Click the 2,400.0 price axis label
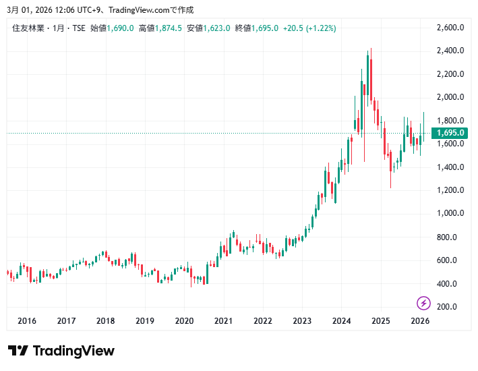click(450, 51)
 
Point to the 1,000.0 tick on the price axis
click(450, 213)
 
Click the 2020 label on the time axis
click(184, 321)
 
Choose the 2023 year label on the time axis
click(302, 321)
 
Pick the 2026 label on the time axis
click(420, 321)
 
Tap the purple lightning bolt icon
click(423, 303)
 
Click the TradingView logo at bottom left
click(61, 351)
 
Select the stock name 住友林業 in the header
click(28, 28)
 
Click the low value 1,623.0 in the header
click(218, 28)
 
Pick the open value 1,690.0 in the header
click(121, 28)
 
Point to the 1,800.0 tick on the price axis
click(450, 121)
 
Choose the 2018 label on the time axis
click(105, 321)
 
